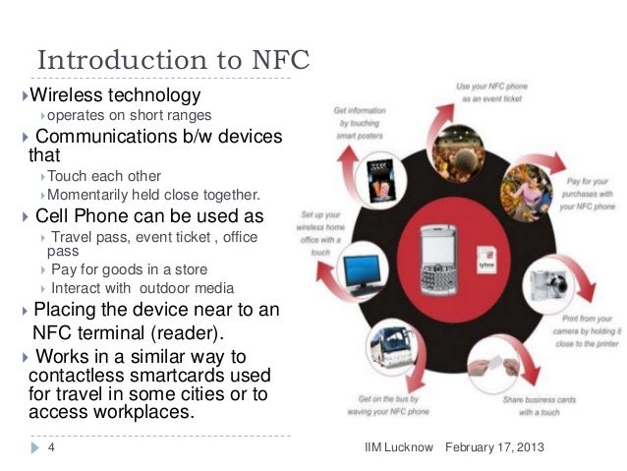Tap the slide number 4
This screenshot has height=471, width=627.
[x=50, y=448]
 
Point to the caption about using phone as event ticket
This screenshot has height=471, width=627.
[x=492, y=93]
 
